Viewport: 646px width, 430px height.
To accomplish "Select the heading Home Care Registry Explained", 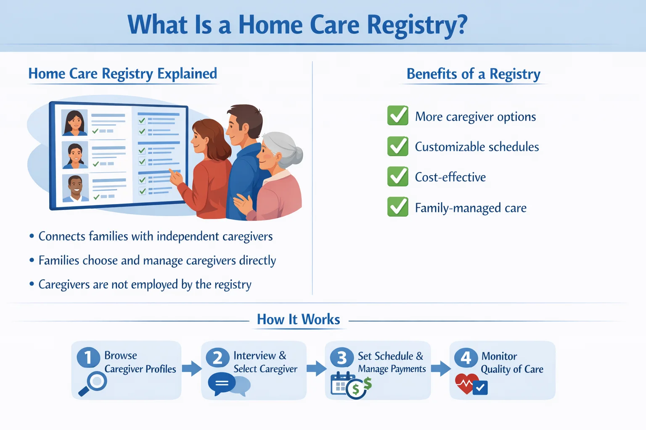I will point(122,74).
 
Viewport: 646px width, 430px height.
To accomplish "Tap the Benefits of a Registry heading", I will point(473,74).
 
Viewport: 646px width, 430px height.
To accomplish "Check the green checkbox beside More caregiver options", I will point(397,115).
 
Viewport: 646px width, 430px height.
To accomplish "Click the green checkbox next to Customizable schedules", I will point(397,146).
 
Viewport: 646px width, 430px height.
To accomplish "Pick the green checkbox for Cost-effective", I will point(397,176).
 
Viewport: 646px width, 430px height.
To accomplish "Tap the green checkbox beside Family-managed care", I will point(397,207).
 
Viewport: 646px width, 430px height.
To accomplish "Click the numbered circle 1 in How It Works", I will point(88,357).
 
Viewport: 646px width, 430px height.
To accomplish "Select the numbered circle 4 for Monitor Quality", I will point(466,357).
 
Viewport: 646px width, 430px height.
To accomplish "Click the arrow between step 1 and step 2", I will point(191,368).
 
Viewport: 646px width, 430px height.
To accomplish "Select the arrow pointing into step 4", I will point(440,368).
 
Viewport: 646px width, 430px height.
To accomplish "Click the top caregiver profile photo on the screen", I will point(75,123).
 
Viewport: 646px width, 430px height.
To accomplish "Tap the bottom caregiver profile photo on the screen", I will point(76,188).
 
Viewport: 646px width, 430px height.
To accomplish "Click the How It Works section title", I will point(298,320).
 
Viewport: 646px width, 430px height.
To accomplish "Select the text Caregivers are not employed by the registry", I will point(145,285).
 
